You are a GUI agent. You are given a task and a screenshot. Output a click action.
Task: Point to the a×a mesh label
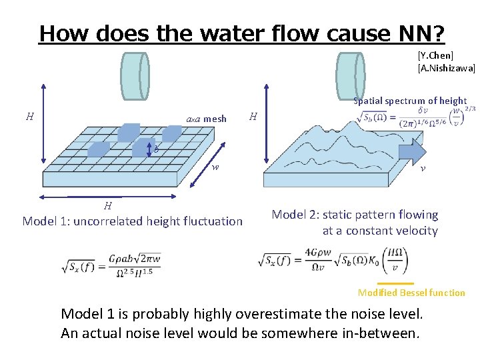pos(206,119)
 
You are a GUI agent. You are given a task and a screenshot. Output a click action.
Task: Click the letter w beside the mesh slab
pos(215,167)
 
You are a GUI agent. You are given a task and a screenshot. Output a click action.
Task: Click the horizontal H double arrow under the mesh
pos(107,197)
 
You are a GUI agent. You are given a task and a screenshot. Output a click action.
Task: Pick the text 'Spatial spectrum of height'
pos(409,101)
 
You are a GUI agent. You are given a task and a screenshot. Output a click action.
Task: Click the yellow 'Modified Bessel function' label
pos(411,293)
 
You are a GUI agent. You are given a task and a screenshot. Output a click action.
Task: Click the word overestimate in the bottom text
pos(309,314)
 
